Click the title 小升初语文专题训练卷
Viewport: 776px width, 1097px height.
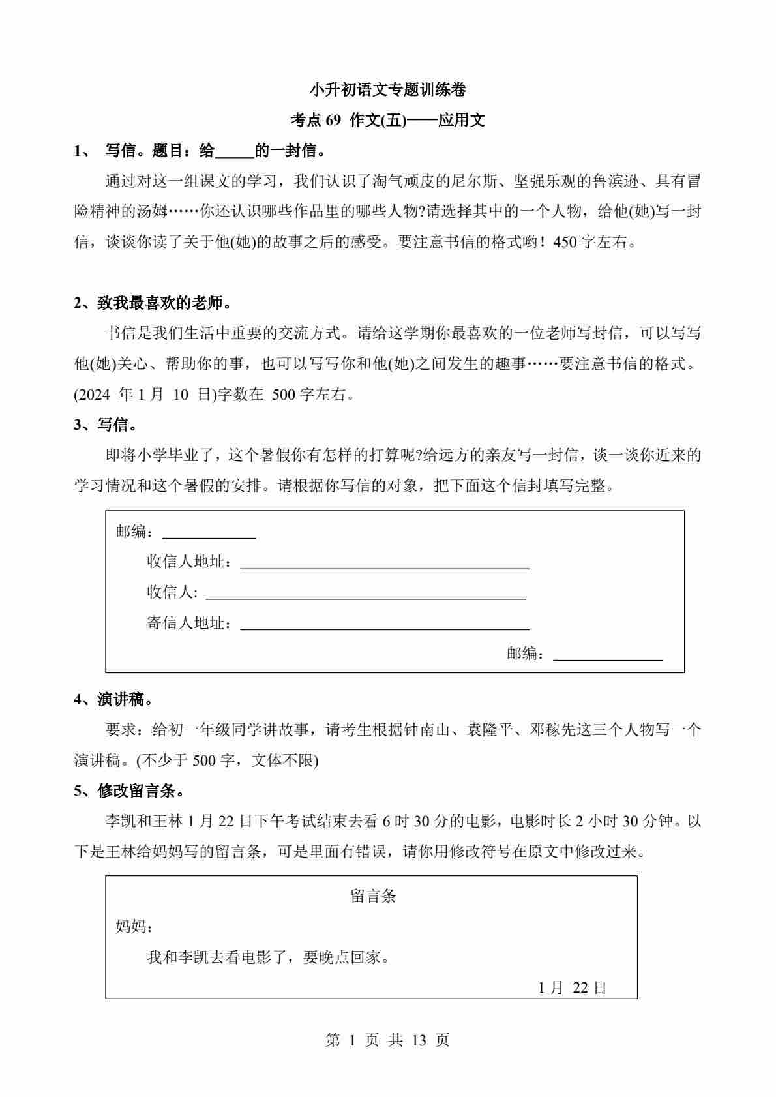pyautogui.click(x=387, y=89)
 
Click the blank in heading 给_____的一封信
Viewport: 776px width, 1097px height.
pyautogui.click(x=234, y=152)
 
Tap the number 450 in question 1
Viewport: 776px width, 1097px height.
pyautogui.click(x=565, y=243)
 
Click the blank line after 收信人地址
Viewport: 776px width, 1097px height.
pyautogui.click(x=385, y=564)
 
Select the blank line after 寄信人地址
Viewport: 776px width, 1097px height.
pyautogui.click(x=385, y=625)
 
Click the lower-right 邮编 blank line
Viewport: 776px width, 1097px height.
pyautogui.click(x=607, y=655)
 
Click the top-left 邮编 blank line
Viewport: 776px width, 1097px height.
pyautogui.click(x=209, y=534)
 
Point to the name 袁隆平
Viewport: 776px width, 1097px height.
pyautogui.click(x=489, y=730)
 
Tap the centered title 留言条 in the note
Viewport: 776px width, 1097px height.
pyautogui.click(x=373, y=896)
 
